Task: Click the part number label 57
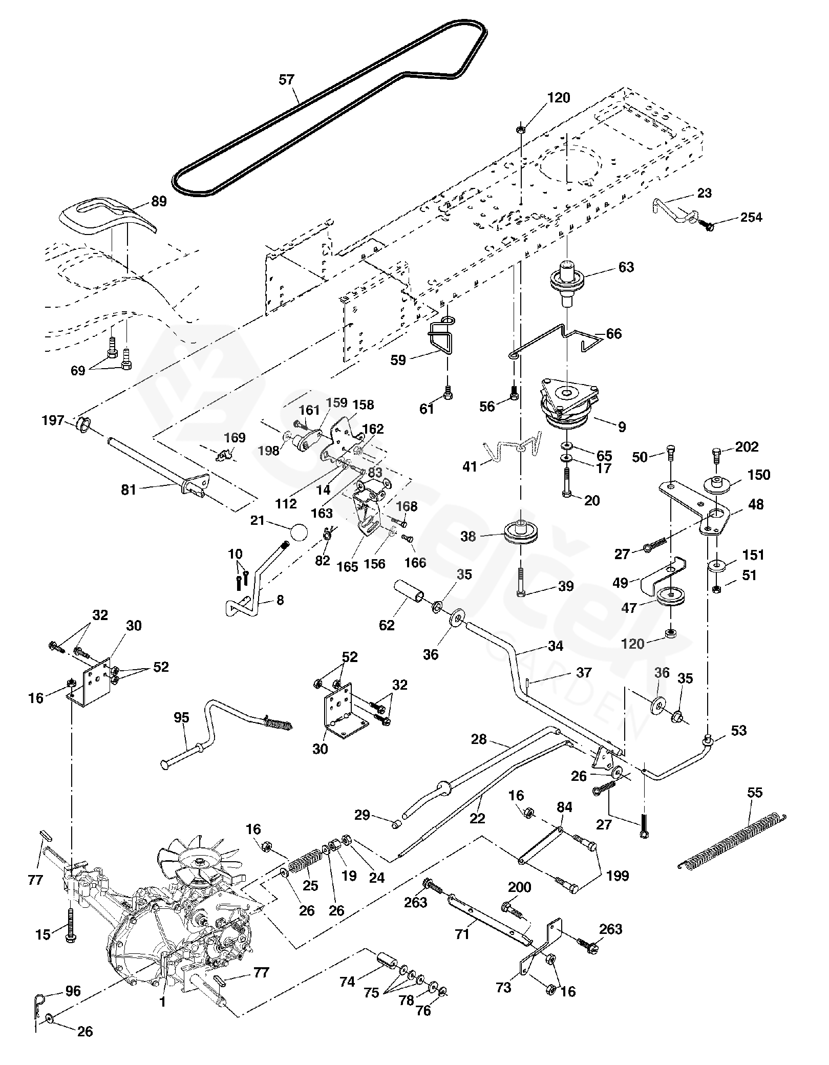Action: click(287, 80)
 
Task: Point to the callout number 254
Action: click(751, 218)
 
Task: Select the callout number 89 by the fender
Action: click(159, 202)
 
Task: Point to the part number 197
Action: click(53, 421)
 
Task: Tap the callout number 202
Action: click(747, 447)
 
